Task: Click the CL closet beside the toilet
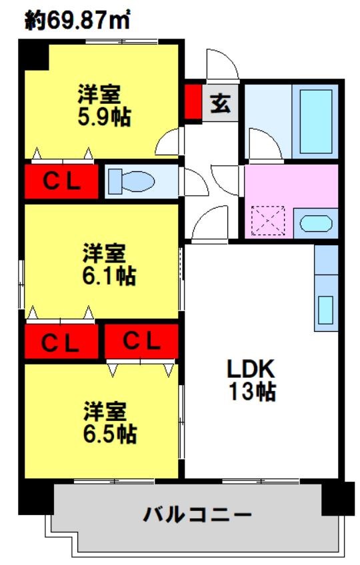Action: [x=61, y=181]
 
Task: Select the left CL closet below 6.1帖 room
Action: [x=61, y=342]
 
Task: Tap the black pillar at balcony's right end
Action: [x=337, y=499]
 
